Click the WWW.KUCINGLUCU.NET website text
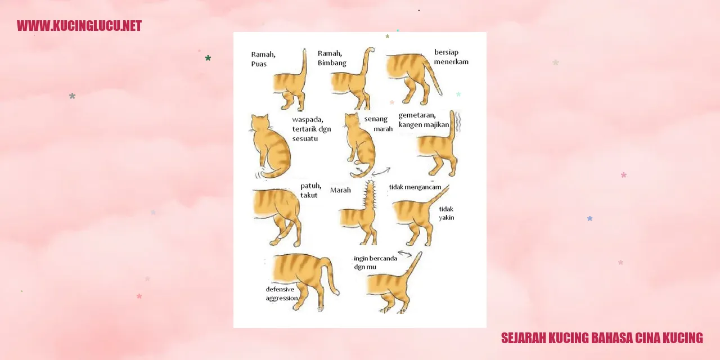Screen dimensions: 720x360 79,26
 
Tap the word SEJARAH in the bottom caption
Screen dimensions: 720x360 523,338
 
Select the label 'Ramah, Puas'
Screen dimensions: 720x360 263,59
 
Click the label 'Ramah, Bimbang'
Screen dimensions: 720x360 332,58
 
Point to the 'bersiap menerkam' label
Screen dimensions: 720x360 451,57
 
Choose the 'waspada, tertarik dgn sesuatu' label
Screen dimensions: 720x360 312,129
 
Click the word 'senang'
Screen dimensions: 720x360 376,119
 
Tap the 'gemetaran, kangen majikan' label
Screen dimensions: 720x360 424,120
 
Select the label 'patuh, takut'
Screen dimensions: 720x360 311,190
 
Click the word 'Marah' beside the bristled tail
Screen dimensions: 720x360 340,190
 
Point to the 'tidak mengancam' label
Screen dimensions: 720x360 415,187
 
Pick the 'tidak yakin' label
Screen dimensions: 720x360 447,213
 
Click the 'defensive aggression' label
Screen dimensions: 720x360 282,294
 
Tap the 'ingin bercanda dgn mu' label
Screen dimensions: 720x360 375,263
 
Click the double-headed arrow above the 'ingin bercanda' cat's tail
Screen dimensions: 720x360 404,254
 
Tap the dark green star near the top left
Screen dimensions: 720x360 208,58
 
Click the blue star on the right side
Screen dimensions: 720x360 590,219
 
